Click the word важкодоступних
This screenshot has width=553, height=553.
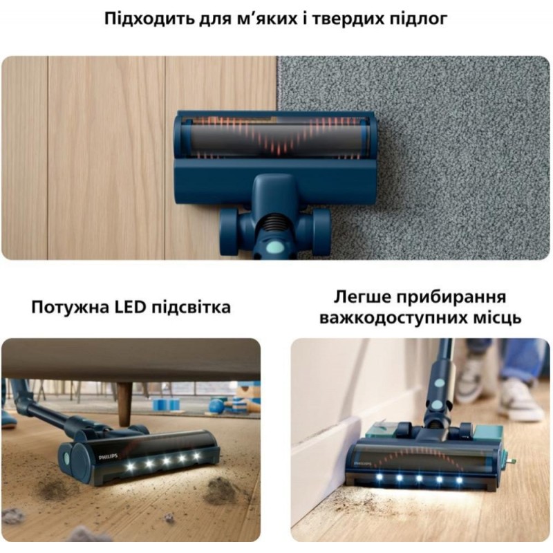(x=391, y=318)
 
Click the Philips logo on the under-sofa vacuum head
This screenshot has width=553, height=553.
(x=109, y=456)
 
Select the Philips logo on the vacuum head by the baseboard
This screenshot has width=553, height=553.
(x=363, y=462)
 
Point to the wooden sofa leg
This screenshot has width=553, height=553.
(x=124, y=400)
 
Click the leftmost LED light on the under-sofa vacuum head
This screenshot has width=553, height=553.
(x=131, y=467)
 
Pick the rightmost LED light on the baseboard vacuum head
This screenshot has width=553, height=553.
(x=459, y=480)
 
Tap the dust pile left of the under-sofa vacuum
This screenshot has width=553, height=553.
(x=53, y=489)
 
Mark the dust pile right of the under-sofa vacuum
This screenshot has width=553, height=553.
(x=221, y=491)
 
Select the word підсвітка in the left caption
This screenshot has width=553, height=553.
(x=191, y=308)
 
